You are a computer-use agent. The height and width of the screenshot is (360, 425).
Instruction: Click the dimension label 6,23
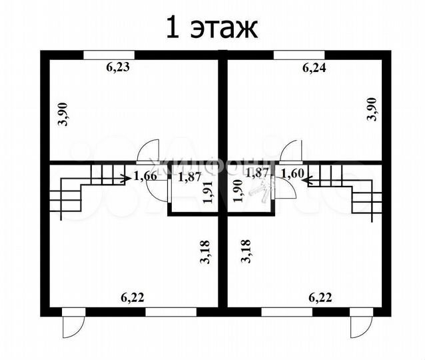[122, 67]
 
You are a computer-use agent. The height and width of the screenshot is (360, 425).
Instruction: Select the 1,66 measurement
[145, 176]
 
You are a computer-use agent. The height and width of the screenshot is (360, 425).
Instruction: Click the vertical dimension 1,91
[207, 192]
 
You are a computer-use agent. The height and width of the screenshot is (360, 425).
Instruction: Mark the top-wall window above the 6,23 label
[109, 54]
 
